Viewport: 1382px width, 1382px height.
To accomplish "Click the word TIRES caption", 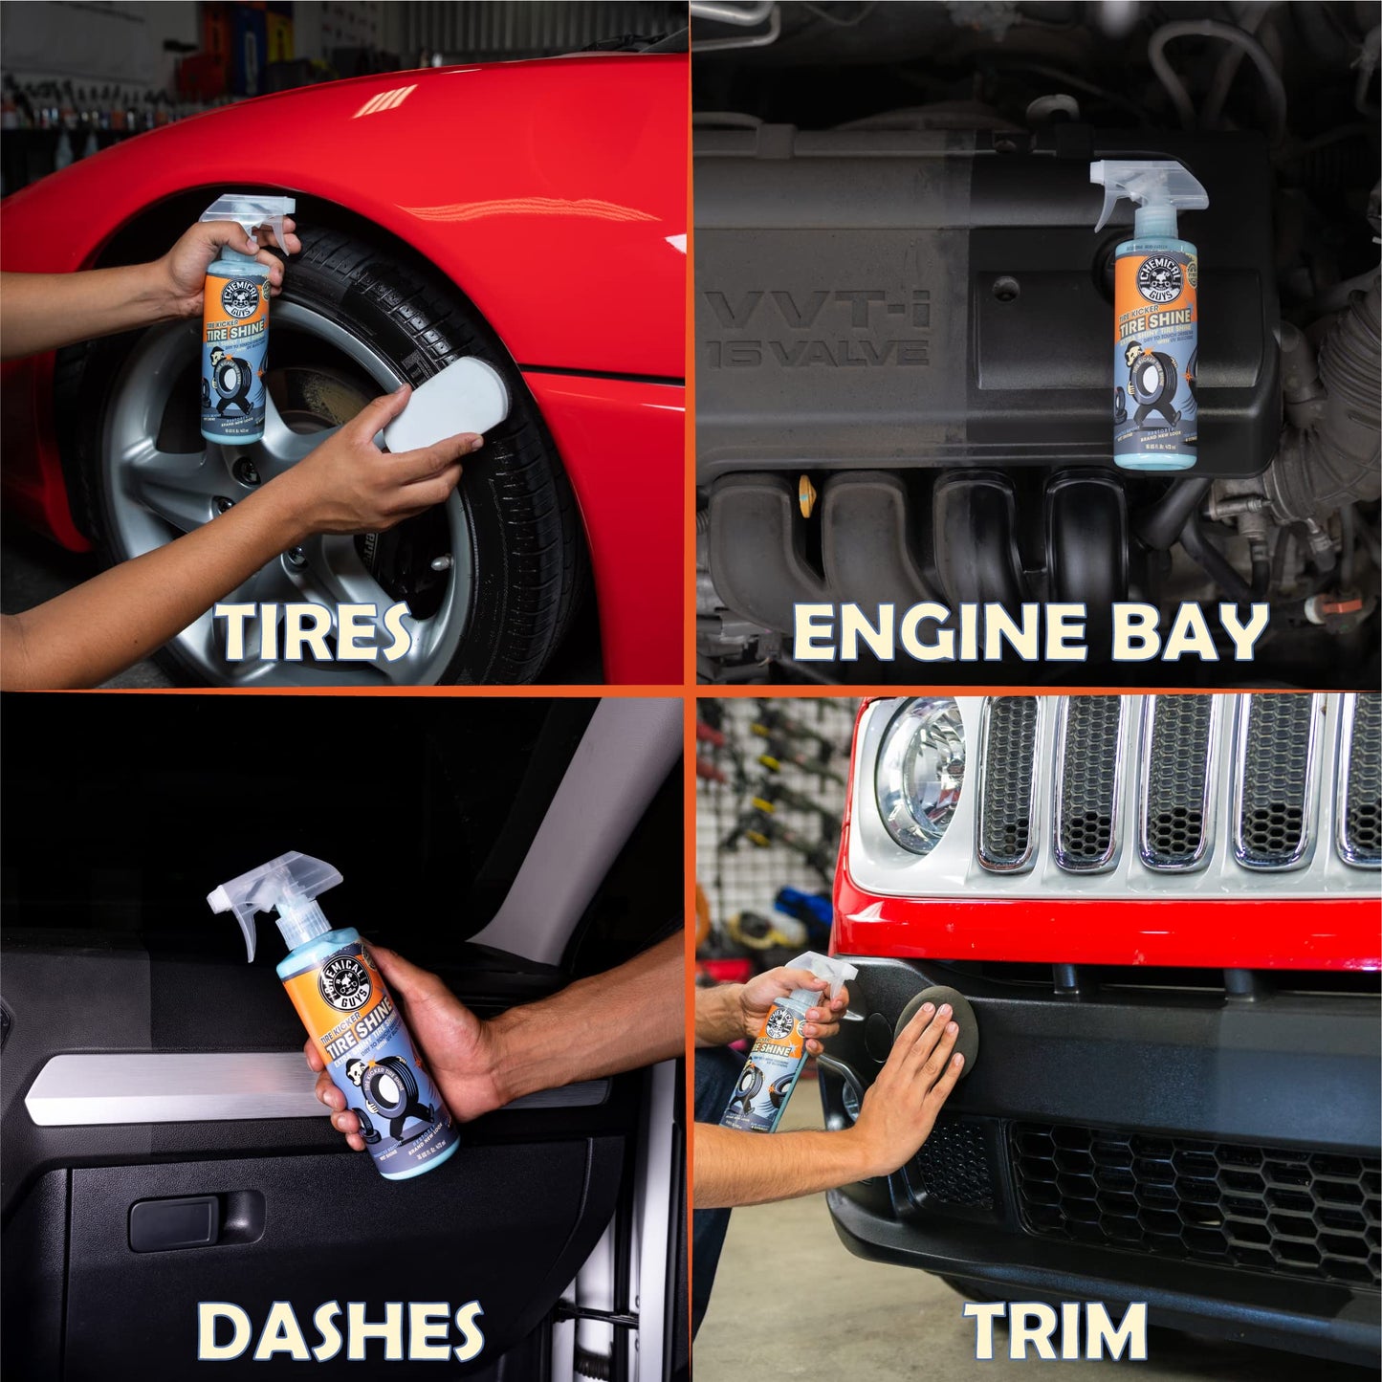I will tap(313, 633).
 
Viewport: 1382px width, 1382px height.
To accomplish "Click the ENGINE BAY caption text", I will tap(1030, 633).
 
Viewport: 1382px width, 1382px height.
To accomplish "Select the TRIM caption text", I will tap(1056, 1330).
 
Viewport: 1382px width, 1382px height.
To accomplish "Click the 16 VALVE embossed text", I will tap(818, 353).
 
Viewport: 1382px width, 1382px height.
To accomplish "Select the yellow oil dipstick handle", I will tap(806, 494).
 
